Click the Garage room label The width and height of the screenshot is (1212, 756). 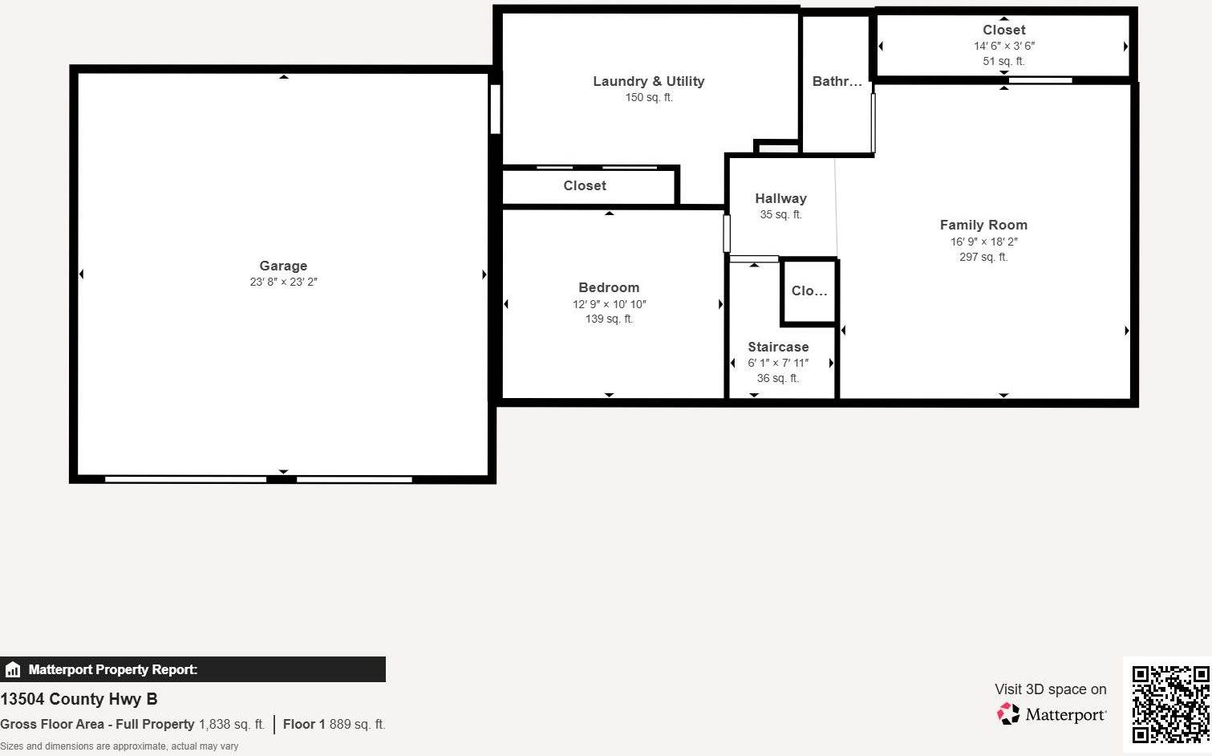point(283,266)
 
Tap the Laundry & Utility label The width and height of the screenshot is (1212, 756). point(648,81)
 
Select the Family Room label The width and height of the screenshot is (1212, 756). point(983,225)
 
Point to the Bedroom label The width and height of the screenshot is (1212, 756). point(609,287)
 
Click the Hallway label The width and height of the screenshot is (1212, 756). point(780,198)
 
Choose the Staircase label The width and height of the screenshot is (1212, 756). point(778,347)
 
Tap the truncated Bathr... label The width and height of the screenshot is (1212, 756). point(837,81)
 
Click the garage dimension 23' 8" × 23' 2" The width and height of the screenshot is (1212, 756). point(283,282)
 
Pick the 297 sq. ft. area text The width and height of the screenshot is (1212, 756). point(983,257)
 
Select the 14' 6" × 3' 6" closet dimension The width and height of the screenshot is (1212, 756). point(1004,46)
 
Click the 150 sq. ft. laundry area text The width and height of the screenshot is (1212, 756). point(648,98)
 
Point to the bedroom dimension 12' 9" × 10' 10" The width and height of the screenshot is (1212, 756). point(609,304)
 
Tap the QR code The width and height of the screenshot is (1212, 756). point(1170,703)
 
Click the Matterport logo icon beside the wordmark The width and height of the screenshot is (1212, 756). point(1008,713)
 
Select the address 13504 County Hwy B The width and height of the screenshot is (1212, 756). point(79,699)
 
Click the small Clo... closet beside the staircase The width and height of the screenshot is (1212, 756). point(809,291)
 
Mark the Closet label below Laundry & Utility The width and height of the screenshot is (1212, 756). point(584,185)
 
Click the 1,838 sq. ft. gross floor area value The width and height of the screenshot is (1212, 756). point(231,724)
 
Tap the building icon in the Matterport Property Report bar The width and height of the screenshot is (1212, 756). point(13,669)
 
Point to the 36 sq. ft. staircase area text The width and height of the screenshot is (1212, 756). point(778,378)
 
